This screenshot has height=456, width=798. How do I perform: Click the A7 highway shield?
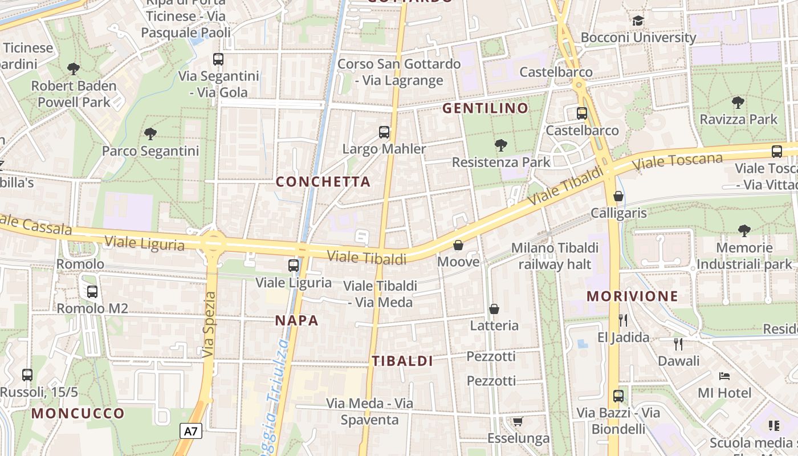tap(191, 431)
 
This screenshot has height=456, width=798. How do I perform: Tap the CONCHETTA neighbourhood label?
tap(323, 182)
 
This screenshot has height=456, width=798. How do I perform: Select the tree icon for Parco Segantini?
tap(150, 134)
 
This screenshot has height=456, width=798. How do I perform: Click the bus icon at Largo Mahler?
tap(384, 132)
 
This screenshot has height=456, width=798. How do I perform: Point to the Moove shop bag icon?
tap(458, 245)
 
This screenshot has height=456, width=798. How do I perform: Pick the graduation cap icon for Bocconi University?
tap(638, 21)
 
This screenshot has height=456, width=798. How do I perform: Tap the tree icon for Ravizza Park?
tap(738, 103)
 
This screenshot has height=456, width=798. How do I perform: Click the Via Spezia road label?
tap(209, 325)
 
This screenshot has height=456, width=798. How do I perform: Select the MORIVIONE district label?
tap(632, 296)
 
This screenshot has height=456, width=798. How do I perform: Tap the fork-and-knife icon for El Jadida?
tap(623, 320)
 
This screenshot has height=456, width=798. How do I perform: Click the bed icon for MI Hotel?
tap(724, 376)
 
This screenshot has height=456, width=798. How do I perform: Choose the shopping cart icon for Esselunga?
tap(518, 422)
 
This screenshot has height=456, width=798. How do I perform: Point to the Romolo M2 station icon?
tap(92, 292)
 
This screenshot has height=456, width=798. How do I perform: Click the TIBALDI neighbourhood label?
tap(402, 361)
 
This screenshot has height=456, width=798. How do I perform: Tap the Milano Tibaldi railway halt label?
tap(555, 256)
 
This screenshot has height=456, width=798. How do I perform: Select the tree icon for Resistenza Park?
tap(501, 145)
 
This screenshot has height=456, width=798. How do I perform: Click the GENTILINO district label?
tap(485, 108)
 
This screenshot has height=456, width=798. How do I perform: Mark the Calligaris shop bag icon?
tap(618, 197)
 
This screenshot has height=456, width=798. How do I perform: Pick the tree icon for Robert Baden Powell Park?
tap(74, 69)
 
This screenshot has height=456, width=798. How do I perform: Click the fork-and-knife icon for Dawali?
tap(678, 344)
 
